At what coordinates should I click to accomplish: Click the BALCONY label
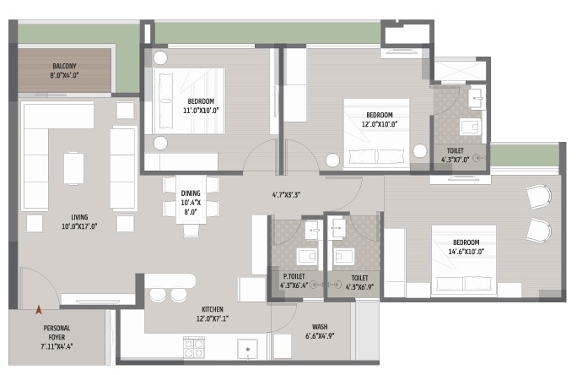coord(64,67)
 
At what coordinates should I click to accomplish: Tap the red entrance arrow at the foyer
coord(38,310)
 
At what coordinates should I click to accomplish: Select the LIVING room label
coord(79,217)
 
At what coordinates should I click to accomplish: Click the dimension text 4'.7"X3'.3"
coord(286,194)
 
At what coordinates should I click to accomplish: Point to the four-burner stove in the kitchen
coord(194,348)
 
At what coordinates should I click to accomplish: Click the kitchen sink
coord(247,349)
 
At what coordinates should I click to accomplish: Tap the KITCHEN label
coord(213,309)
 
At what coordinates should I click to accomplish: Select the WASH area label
coord(320,327)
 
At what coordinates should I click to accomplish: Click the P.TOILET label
coord(294,276)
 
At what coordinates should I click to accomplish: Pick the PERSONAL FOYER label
coord(57,333)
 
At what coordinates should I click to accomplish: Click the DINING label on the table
coord(191,193)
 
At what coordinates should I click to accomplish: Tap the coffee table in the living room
coord(73,168)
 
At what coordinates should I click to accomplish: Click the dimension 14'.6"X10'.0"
coord(466,252)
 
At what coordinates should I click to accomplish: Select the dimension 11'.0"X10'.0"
coord(201,111)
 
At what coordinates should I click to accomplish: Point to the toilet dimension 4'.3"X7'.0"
coord(456,160)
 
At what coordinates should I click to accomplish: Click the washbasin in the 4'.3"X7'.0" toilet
coord(477,98)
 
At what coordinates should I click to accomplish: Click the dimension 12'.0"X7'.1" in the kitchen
coord(213,318)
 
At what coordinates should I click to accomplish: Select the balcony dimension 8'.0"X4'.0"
coord(64,75)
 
